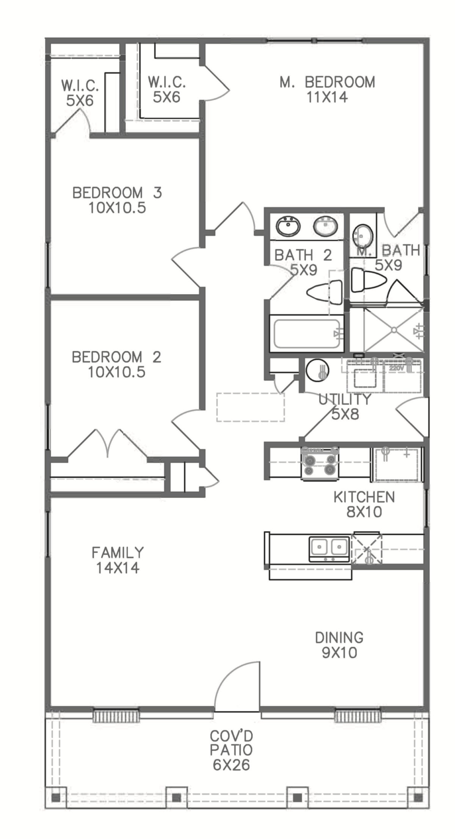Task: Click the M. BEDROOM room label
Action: [327, 82]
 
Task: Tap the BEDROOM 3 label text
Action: [117, 193]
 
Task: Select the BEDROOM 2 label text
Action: [116, 357]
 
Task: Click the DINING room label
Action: [339, 637]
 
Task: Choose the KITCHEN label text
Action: [364, 497]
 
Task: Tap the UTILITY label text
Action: [344, 399]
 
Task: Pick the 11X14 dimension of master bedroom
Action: [327, 97]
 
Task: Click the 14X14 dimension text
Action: [118, 568]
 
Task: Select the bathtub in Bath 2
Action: [307, 333]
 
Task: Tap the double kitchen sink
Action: [329, 549]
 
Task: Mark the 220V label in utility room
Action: [395, 368]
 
